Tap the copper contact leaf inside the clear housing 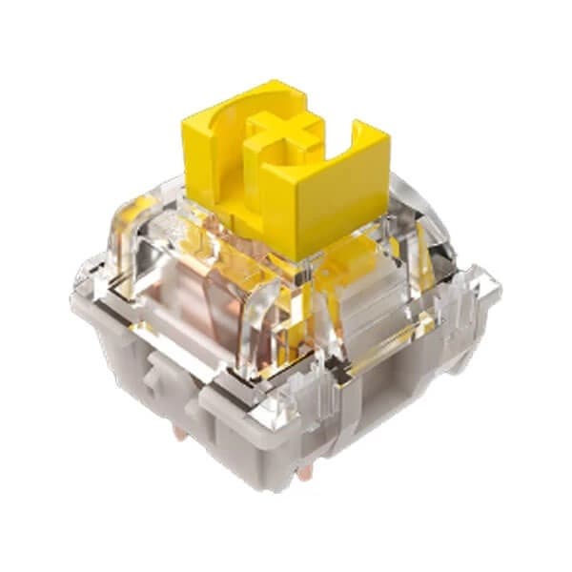pos(205,315)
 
